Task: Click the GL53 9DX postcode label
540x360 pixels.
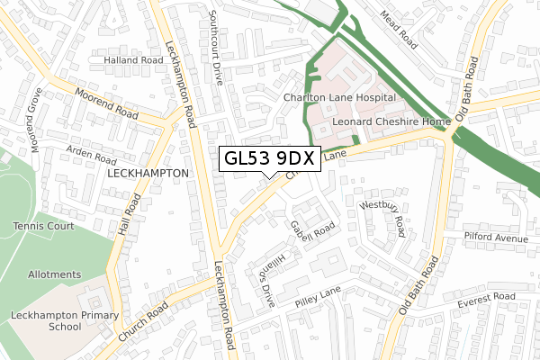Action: coord(267,158)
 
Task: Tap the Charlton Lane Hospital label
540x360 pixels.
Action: coord(338,96)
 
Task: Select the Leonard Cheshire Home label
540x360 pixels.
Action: coord(390,121)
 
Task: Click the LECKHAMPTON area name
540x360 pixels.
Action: coord(148,172)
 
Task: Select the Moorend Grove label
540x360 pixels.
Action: coord(35,121)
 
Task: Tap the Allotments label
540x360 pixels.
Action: coord(53,274)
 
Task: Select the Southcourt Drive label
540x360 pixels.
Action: coord(215,47)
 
